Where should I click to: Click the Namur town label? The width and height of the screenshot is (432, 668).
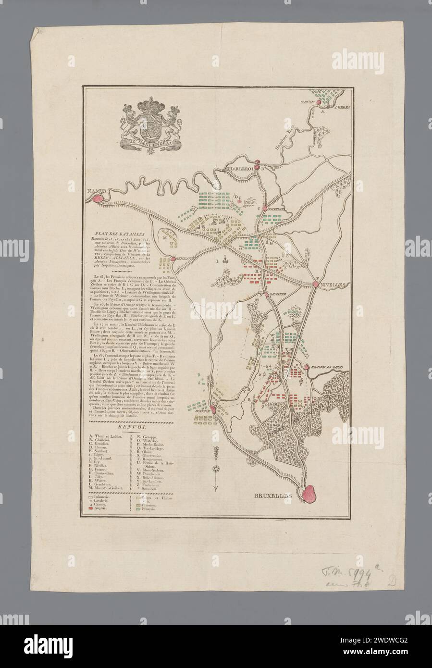[x=96, y=191]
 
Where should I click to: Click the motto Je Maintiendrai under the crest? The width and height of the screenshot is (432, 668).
[x=149, y=142]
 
